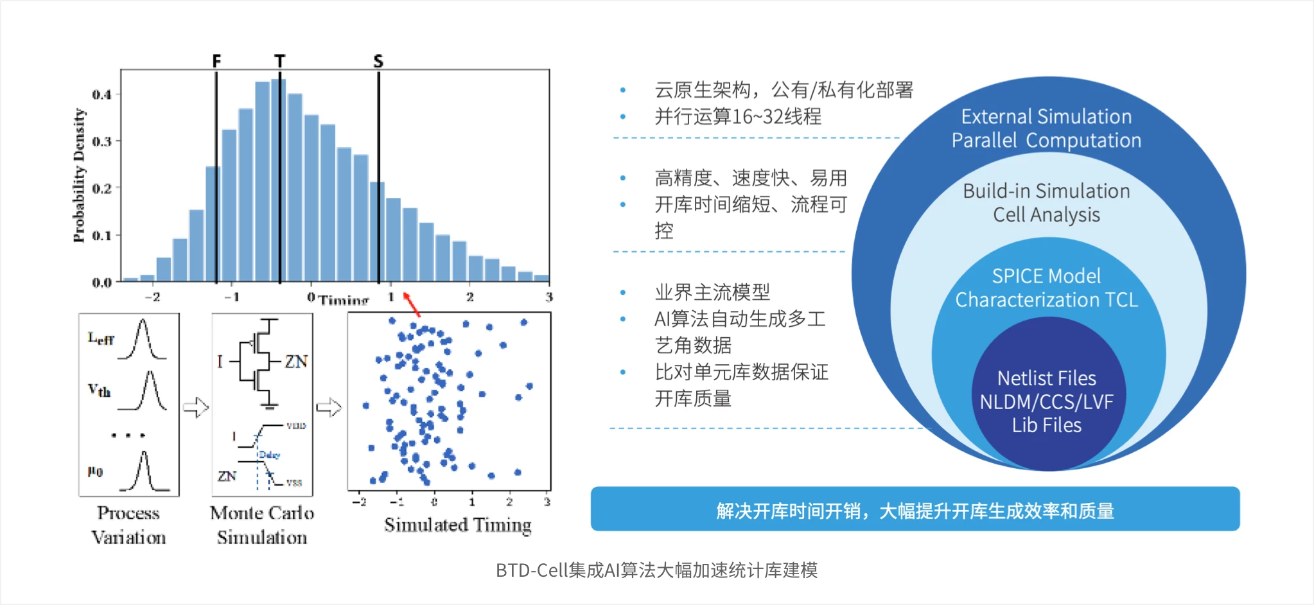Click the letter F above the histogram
(216, 60)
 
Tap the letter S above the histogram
(378, 61)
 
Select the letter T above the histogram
(279, 60)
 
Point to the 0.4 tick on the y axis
(101, 95)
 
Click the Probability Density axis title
(79, 175)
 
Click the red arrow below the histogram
(412, 304)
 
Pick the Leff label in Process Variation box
(101, 338)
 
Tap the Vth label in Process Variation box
(100, 390)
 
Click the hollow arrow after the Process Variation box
(196, 407)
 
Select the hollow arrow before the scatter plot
(329, 407)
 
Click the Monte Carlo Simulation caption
(262, 525)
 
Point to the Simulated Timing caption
(457, 525)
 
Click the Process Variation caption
(128, 525)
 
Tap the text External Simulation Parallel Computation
(1046, 128)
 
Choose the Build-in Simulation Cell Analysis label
(1046, 202)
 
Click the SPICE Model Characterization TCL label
(1046, 288)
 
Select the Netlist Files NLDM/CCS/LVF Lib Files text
(1046, 401)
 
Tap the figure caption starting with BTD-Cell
(656, 570)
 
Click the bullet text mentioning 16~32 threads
(737, 117)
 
